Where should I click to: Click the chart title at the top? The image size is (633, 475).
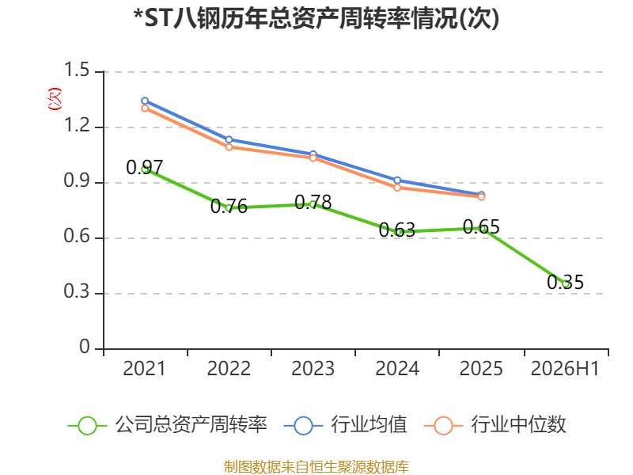click(x=316, y=18)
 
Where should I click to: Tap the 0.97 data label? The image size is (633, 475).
click(x=145, y=167)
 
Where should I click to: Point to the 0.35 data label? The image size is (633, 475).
click(x=565, y=282)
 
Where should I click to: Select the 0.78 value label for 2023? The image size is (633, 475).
click(x=313, y=203)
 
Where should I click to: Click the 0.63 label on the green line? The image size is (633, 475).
click(x=397, y=230)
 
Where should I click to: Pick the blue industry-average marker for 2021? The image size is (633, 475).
click(x=145, y=101)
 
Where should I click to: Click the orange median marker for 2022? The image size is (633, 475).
click(x=229, y=147)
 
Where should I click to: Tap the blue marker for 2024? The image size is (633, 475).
click(x=397, y=180)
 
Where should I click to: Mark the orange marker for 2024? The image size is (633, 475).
click(x=397, y=188)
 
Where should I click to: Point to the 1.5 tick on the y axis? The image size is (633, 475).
click(x=77, y=70)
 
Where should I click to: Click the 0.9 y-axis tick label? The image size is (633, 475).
click(x=77, y=181)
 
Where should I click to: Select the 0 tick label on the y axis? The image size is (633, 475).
click(x=85, y=347)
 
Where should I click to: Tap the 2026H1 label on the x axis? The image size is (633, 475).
click(x=565, y=368)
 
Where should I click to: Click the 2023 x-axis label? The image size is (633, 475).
click(x=313, y=368)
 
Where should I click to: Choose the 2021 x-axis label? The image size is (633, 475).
click(x=145, y=368)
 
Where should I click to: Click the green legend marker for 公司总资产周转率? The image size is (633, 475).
click(x=87, y=426)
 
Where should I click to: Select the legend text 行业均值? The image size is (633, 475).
click(x=369, y=425)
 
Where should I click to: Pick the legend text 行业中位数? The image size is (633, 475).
click(x=519, y=425)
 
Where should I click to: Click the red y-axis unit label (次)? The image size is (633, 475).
click(x=55, y=99)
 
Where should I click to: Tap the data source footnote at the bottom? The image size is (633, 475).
click(x=316, y=467)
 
